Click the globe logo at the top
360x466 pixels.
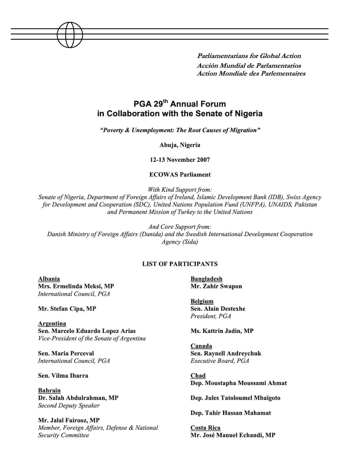[70, 34]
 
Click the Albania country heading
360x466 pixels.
[49, 279]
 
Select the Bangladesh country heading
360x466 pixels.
[206, 279]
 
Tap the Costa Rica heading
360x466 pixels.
[205, 428]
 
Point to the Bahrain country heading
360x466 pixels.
[49, 391]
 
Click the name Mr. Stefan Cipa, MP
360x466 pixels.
[67, 309]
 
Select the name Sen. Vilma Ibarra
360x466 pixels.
[63, 376]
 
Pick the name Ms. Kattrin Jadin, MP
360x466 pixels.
[222, 331]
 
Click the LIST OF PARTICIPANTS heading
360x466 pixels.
[180, 264]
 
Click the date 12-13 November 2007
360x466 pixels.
[180, 160]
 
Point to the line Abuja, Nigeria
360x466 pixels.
[180, 145]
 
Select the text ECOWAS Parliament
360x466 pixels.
[180, 174]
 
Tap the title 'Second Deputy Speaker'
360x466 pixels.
[69, 405]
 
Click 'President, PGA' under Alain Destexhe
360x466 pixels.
[211, 316]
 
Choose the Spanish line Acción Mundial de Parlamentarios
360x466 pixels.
[249, 66]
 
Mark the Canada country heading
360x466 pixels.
[201, 346]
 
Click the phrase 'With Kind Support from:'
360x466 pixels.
[180, 189]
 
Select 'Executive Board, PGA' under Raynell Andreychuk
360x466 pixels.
[220, 361]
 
